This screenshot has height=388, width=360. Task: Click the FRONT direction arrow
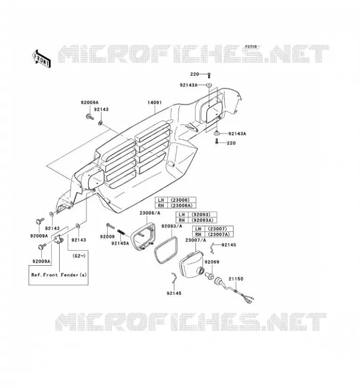tap(42, 58)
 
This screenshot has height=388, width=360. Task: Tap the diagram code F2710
tap(251, 47)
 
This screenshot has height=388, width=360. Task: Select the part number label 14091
tap(154, 102)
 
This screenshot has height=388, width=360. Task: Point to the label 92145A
tap(120, 243)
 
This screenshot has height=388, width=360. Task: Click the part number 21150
tap(236, 279)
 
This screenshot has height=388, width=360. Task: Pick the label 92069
tap(212, 262)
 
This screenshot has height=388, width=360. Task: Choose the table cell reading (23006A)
tap(181, 206)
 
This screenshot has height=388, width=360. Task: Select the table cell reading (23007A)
tap(219, 234)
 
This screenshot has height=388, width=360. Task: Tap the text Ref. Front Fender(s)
tap(59, 275)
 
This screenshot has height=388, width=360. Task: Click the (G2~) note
tap(79, 256)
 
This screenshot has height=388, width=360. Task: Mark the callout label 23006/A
tap(150, 213)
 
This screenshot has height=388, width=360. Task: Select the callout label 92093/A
tap(172, 226)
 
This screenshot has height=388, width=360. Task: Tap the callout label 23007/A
tap(196, 240)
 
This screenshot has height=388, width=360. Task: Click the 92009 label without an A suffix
tap(107, 237)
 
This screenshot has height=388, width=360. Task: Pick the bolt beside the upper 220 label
tap(209, 75)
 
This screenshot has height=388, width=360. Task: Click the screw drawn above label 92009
tap(111, 226)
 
